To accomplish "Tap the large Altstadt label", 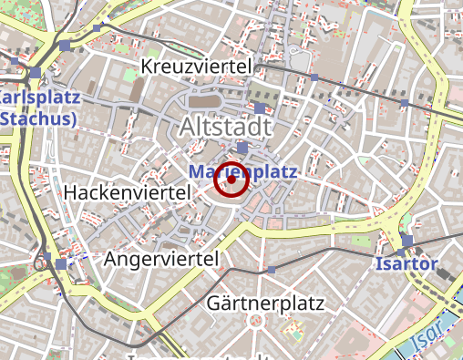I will pos(227,127).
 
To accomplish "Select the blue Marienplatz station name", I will pos(243,171).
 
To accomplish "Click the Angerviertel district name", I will pos(162,261).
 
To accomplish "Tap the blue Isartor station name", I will pos(406,265).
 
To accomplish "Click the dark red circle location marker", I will pos(231,180).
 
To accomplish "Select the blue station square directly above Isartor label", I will pos(406,241).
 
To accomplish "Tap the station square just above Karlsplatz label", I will pos(35,72).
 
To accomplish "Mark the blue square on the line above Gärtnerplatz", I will pos(272,270).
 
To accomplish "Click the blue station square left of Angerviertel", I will pos(60,263).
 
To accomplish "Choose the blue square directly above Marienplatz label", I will pos(242,148).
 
